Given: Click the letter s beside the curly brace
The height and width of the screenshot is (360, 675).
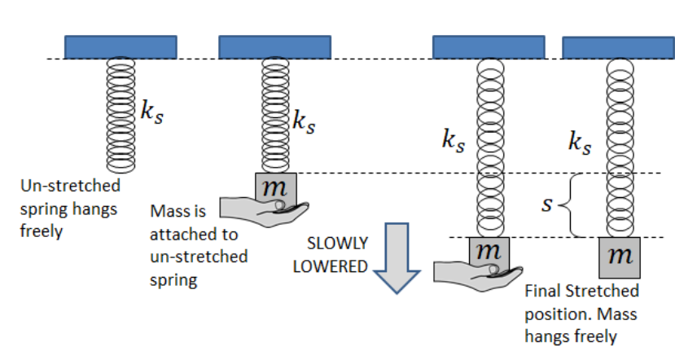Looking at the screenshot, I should click(x=549, y=204).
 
